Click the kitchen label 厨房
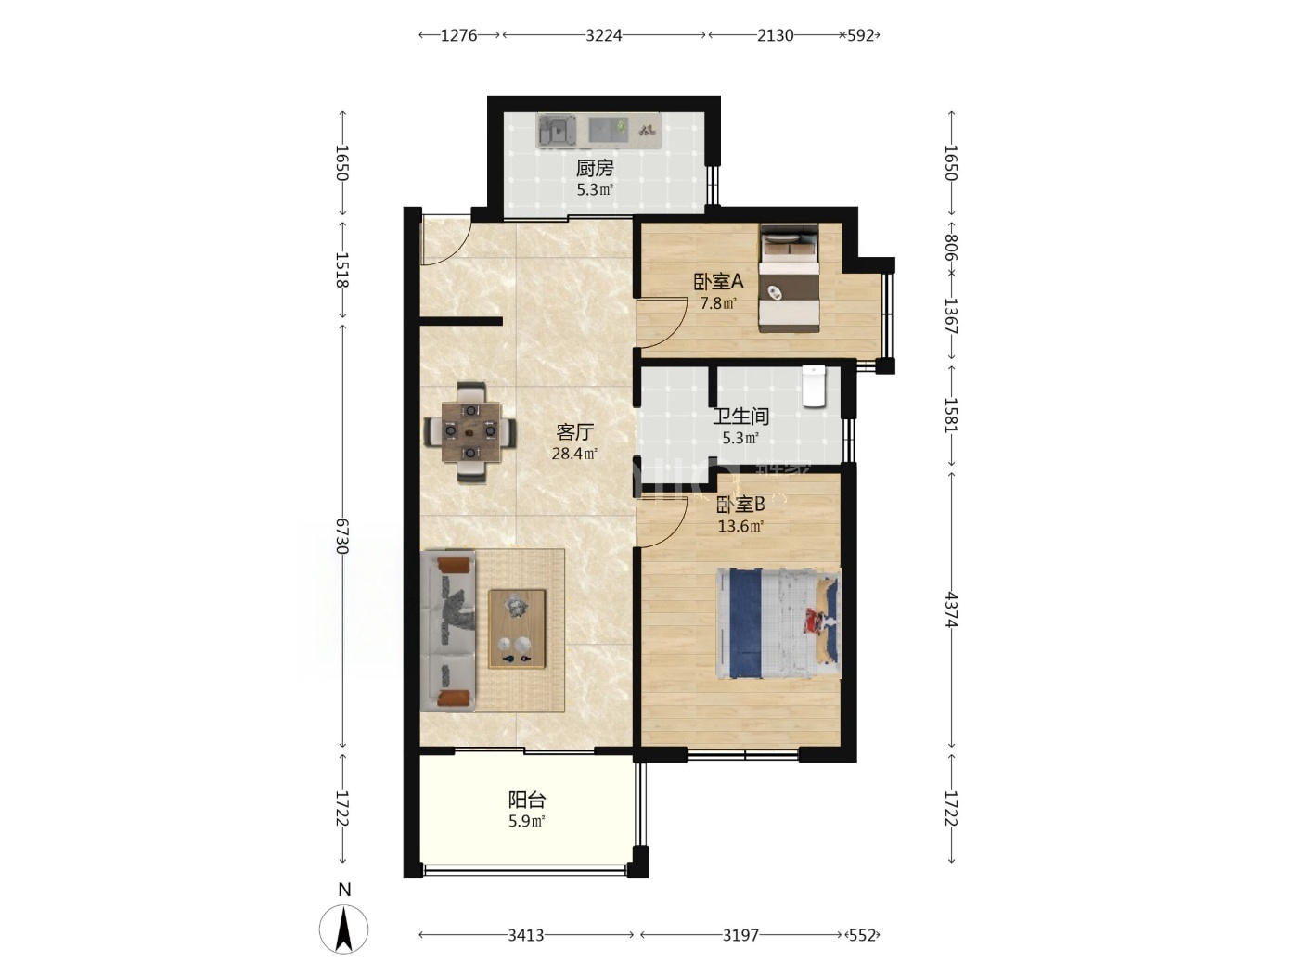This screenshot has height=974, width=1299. pyautogui.click(x=594, y=169)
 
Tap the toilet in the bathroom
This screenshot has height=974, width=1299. pyautogui.click(x=813, y=386)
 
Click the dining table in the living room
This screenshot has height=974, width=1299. pyautogui.click(x=470, y=432)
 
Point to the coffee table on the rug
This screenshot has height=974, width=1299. pyautogui.click(x=517, y=629)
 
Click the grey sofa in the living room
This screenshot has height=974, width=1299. pyautogui.click(x=448, y=631)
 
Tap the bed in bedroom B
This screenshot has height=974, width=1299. pyautogui.click(x=778, y=623)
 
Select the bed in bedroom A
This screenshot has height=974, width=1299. pyautogui.click(x=789, y=277)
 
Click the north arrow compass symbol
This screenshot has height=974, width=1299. pyautogui.click(x=344, y=929)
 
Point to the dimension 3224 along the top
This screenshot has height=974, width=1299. pyautogui.click(x=604, y=35)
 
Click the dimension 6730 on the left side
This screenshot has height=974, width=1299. pyautogui.click(x=342, y=536)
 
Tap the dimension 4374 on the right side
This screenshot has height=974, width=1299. pyautogui.click(x=951, y=609)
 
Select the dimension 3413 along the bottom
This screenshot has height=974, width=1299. pyautogui.click(x=526, y=935)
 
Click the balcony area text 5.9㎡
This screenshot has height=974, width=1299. pyautogui.click(x=527, y=821)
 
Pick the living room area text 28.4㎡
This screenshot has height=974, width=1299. pyautogui.click(x=574, y=454)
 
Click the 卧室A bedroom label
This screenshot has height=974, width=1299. pyautogui.click(x=718, y=281)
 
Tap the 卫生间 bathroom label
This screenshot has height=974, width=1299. pyautogui.click(x=740, y=417)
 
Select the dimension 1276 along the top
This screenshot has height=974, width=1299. pyautogui.click(x=458, y=35)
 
